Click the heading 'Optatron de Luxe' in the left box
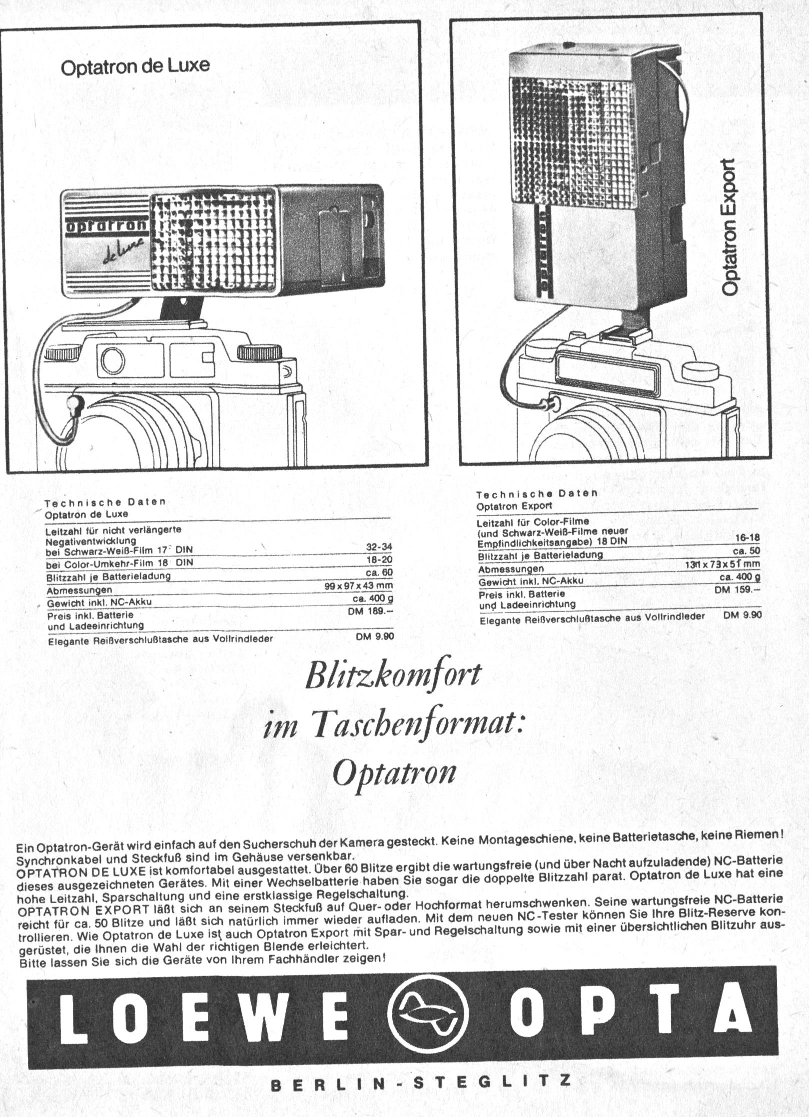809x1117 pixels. (x=135, y=66)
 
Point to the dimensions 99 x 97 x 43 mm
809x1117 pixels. (x=359, y=585)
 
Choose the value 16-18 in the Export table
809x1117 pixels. (x=748, y=537)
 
